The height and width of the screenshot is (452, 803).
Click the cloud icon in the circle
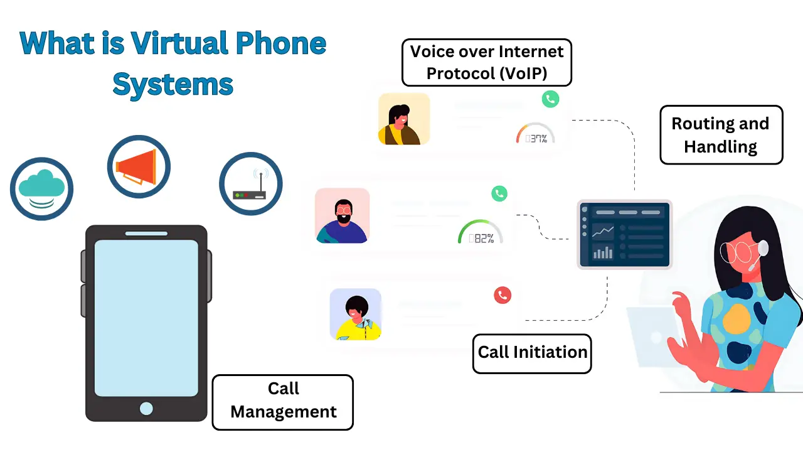tap(41, 188)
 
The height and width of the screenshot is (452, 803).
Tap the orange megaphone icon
tap(138, 166)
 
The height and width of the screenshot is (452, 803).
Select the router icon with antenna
tap(250, 185)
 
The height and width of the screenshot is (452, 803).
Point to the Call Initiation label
tap(532, 353)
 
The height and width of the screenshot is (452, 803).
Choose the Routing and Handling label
tap(721, 135)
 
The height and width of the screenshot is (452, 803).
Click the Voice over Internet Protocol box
tap(487, 62)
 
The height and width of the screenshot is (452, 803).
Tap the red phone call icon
tap(503, 295)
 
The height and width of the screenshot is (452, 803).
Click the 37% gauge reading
tap(536, 137)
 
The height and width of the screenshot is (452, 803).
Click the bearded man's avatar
tap(343, 216)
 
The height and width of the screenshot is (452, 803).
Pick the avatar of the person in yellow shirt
tap(356, 314)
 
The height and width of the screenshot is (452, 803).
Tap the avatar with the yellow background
tap(404, 119)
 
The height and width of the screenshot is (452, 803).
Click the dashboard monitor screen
tap(624, 234)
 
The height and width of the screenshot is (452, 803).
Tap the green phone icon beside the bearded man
tap(499, 193)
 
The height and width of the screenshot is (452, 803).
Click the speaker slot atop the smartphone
tap(146, 234)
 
